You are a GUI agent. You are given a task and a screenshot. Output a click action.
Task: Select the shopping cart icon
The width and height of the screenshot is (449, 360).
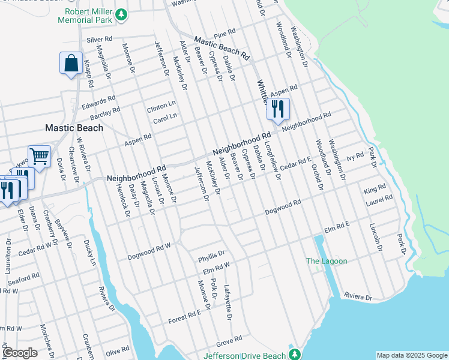point(39,157)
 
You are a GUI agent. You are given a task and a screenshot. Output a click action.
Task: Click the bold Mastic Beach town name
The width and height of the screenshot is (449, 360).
point(74,128)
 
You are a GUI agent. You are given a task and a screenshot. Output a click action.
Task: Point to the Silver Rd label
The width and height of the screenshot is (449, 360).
point(100,40)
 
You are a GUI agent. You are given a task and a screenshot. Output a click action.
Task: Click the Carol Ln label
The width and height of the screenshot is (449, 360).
point(165,116)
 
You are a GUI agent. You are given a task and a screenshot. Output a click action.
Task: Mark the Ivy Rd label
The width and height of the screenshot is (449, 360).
point(355,157)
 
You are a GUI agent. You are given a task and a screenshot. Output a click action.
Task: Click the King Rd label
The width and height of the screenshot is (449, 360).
point(375,190)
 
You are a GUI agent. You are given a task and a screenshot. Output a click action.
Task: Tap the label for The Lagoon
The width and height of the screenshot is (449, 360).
point(327,261)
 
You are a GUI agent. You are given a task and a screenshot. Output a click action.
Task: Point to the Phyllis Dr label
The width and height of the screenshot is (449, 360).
point(211,256)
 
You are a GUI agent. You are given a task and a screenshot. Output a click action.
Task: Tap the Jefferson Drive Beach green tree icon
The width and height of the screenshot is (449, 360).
point(295,354)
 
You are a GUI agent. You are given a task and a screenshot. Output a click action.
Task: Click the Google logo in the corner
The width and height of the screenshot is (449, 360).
point(19,352)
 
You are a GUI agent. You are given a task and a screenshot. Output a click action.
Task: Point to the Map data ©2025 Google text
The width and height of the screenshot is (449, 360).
point(412,355)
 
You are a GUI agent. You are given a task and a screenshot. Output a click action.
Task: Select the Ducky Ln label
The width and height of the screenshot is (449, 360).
point(92,252)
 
